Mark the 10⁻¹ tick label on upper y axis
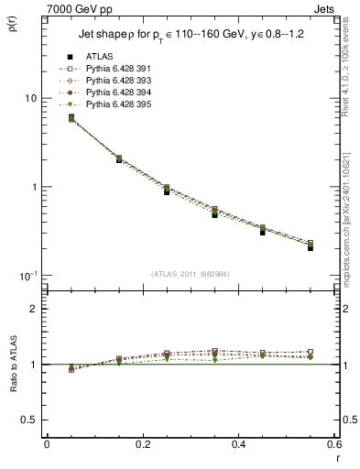(x=27, y=275)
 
